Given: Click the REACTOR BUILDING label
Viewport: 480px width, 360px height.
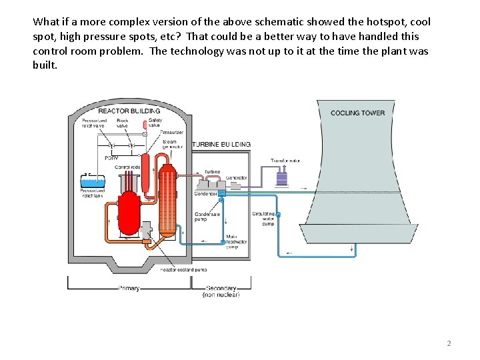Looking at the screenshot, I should tap(129, 111).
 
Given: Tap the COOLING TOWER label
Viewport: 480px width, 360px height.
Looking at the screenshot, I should tap(357, 113).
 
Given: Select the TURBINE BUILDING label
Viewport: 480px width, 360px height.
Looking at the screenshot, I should tap(221, 144).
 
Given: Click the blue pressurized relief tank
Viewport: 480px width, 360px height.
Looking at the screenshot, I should tap(91, 181).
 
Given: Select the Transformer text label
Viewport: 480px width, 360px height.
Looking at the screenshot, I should tap(285, 161).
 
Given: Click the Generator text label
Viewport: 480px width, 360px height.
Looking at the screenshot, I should tap(236, 178).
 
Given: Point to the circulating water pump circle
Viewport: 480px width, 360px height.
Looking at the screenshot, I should tap(278, 214).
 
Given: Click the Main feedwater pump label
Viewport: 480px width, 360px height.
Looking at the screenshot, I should tap(236, 241).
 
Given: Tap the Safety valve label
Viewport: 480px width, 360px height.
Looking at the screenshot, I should tap(155, 123).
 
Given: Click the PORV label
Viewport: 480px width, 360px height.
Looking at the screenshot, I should tap(111, 158).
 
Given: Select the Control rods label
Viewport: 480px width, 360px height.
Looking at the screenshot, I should tap(127, 167).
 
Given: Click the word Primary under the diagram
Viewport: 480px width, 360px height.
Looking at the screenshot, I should tap(129, 288).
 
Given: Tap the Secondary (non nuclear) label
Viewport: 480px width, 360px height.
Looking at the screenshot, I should tap(221, 291).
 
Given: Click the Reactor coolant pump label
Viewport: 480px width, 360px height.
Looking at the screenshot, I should tap(183, 269).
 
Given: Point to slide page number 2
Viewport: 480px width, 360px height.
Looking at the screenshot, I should tap(449, 343).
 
